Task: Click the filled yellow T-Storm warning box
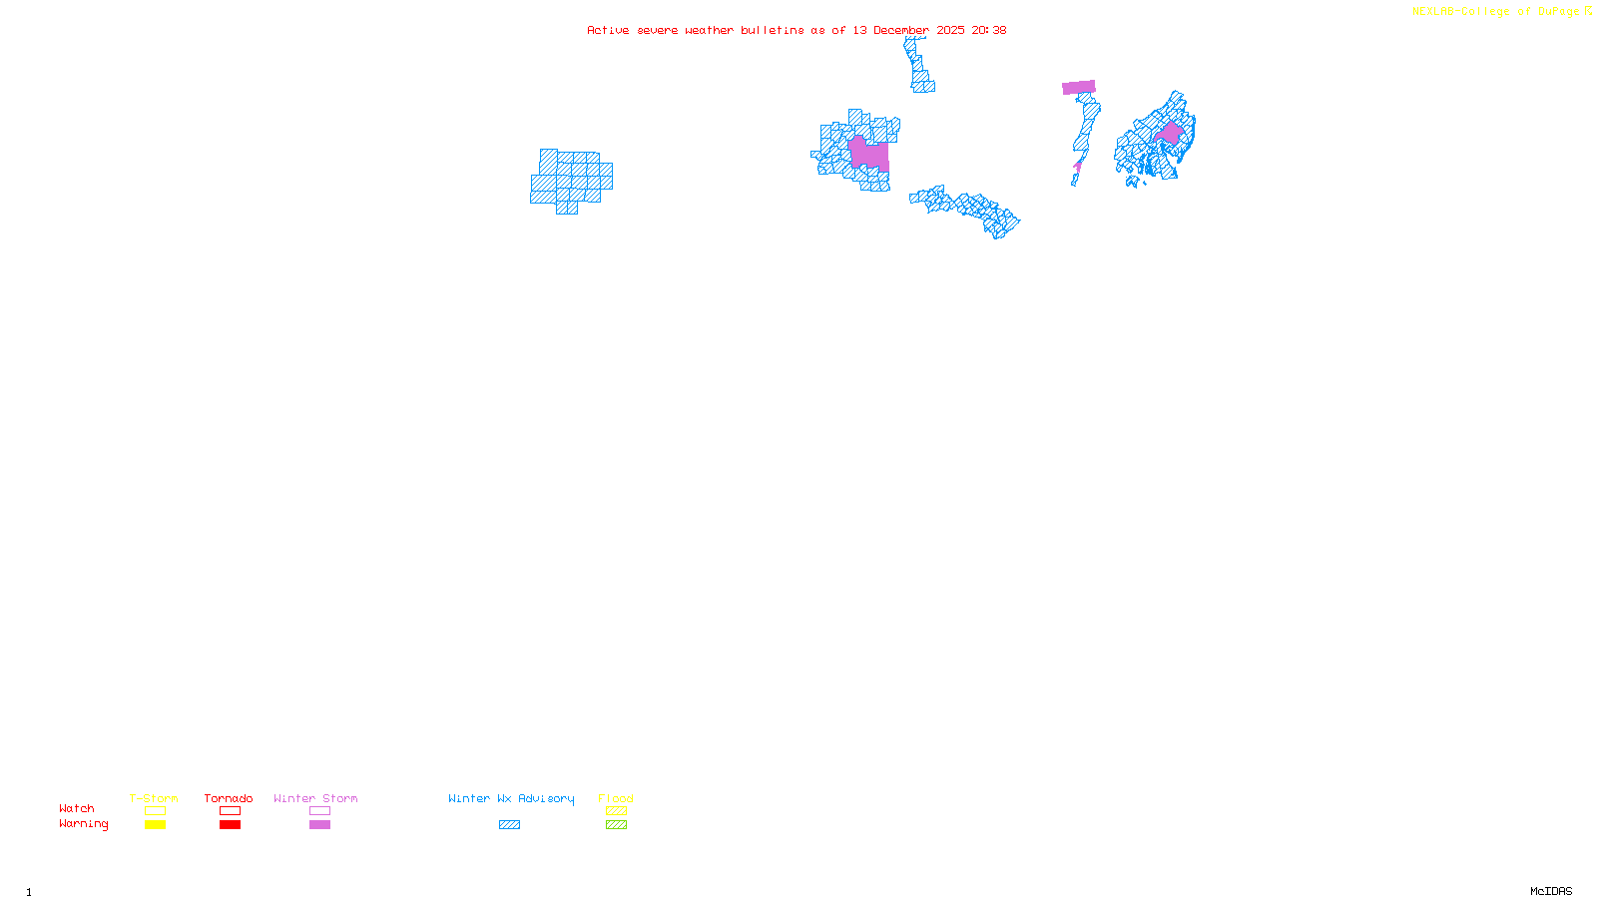tap(155, 825)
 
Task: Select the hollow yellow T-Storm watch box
tap(155, 811)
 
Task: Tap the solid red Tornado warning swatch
tap(231, 825)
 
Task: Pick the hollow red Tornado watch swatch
tap(231, 811)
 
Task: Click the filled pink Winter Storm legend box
tap(319, 825)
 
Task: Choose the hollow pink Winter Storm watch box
tap(319, 811)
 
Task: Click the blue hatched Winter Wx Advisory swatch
tap(509, 825)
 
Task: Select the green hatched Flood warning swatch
tap(616, 825)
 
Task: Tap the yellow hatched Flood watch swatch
tap(616, 811)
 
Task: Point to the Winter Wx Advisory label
tap(511, 798)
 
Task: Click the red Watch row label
tap(77, 809)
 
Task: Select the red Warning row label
tap(84, 824)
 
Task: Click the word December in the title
tap(901, 31)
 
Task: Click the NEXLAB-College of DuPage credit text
tap(1496, 12)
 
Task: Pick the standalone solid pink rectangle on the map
tap(1079, 88)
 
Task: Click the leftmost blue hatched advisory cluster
tap(571, 180)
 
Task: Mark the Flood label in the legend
tap(616, 798)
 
